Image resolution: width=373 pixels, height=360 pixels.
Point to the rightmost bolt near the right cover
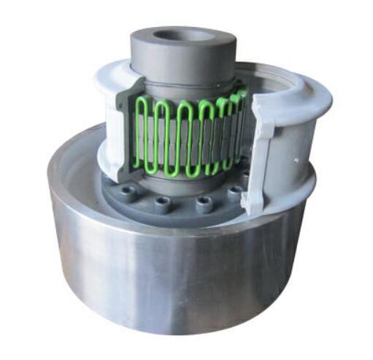click(235, 193)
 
